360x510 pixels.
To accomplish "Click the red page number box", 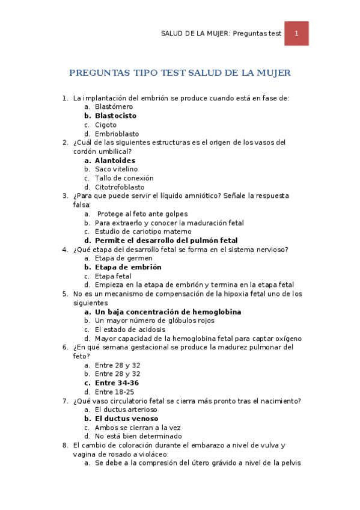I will (296, 34).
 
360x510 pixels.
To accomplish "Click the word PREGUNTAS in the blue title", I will (98, 73).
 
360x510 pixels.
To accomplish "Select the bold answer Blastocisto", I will (115, 115).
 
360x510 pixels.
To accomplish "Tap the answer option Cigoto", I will (106, 124).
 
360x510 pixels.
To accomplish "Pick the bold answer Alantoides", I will (115, 161).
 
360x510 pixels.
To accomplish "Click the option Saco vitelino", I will (116, 170).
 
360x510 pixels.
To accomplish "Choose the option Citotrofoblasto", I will (120, 187).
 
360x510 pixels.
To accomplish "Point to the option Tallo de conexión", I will (124, 178).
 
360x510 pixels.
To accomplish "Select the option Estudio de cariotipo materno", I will (143, 232).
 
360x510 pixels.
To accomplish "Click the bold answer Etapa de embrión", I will (128, 267).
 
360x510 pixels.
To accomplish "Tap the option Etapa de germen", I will (123, 258).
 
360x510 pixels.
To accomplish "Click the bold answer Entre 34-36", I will (117, 383).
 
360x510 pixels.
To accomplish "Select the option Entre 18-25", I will (114, 392).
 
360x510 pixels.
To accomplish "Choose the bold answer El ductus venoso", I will (126, 419).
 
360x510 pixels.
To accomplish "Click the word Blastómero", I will (114, 106).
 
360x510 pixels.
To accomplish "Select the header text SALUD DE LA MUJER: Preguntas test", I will (222, 34).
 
